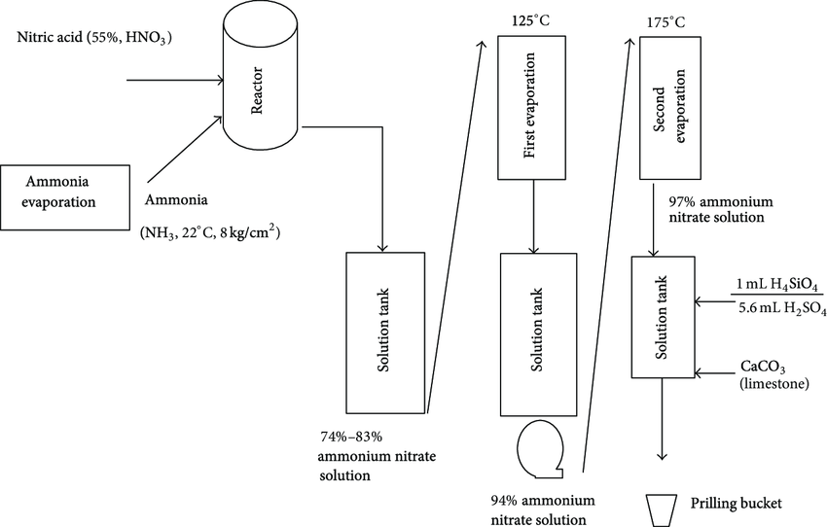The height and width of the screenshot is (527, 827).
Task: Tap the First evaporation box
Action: (x=531, y=108)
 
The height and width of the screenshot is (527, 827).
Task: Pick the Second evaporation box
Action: (x=672, y=108)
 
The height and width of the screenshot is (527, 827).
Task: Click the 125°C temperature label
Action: (x=530, y=20)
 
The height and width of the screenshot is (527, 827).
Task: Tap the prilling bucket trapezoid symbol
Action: (x=663, y=507)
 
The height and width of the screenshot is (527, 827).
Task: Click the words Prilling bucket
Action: (x=736, y=504)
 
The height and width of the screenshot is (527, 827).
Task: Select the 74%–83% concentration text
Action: (x=358, y=436)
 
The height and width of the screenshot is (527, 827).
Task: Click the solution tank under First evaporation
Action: (x=531, y=334)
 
